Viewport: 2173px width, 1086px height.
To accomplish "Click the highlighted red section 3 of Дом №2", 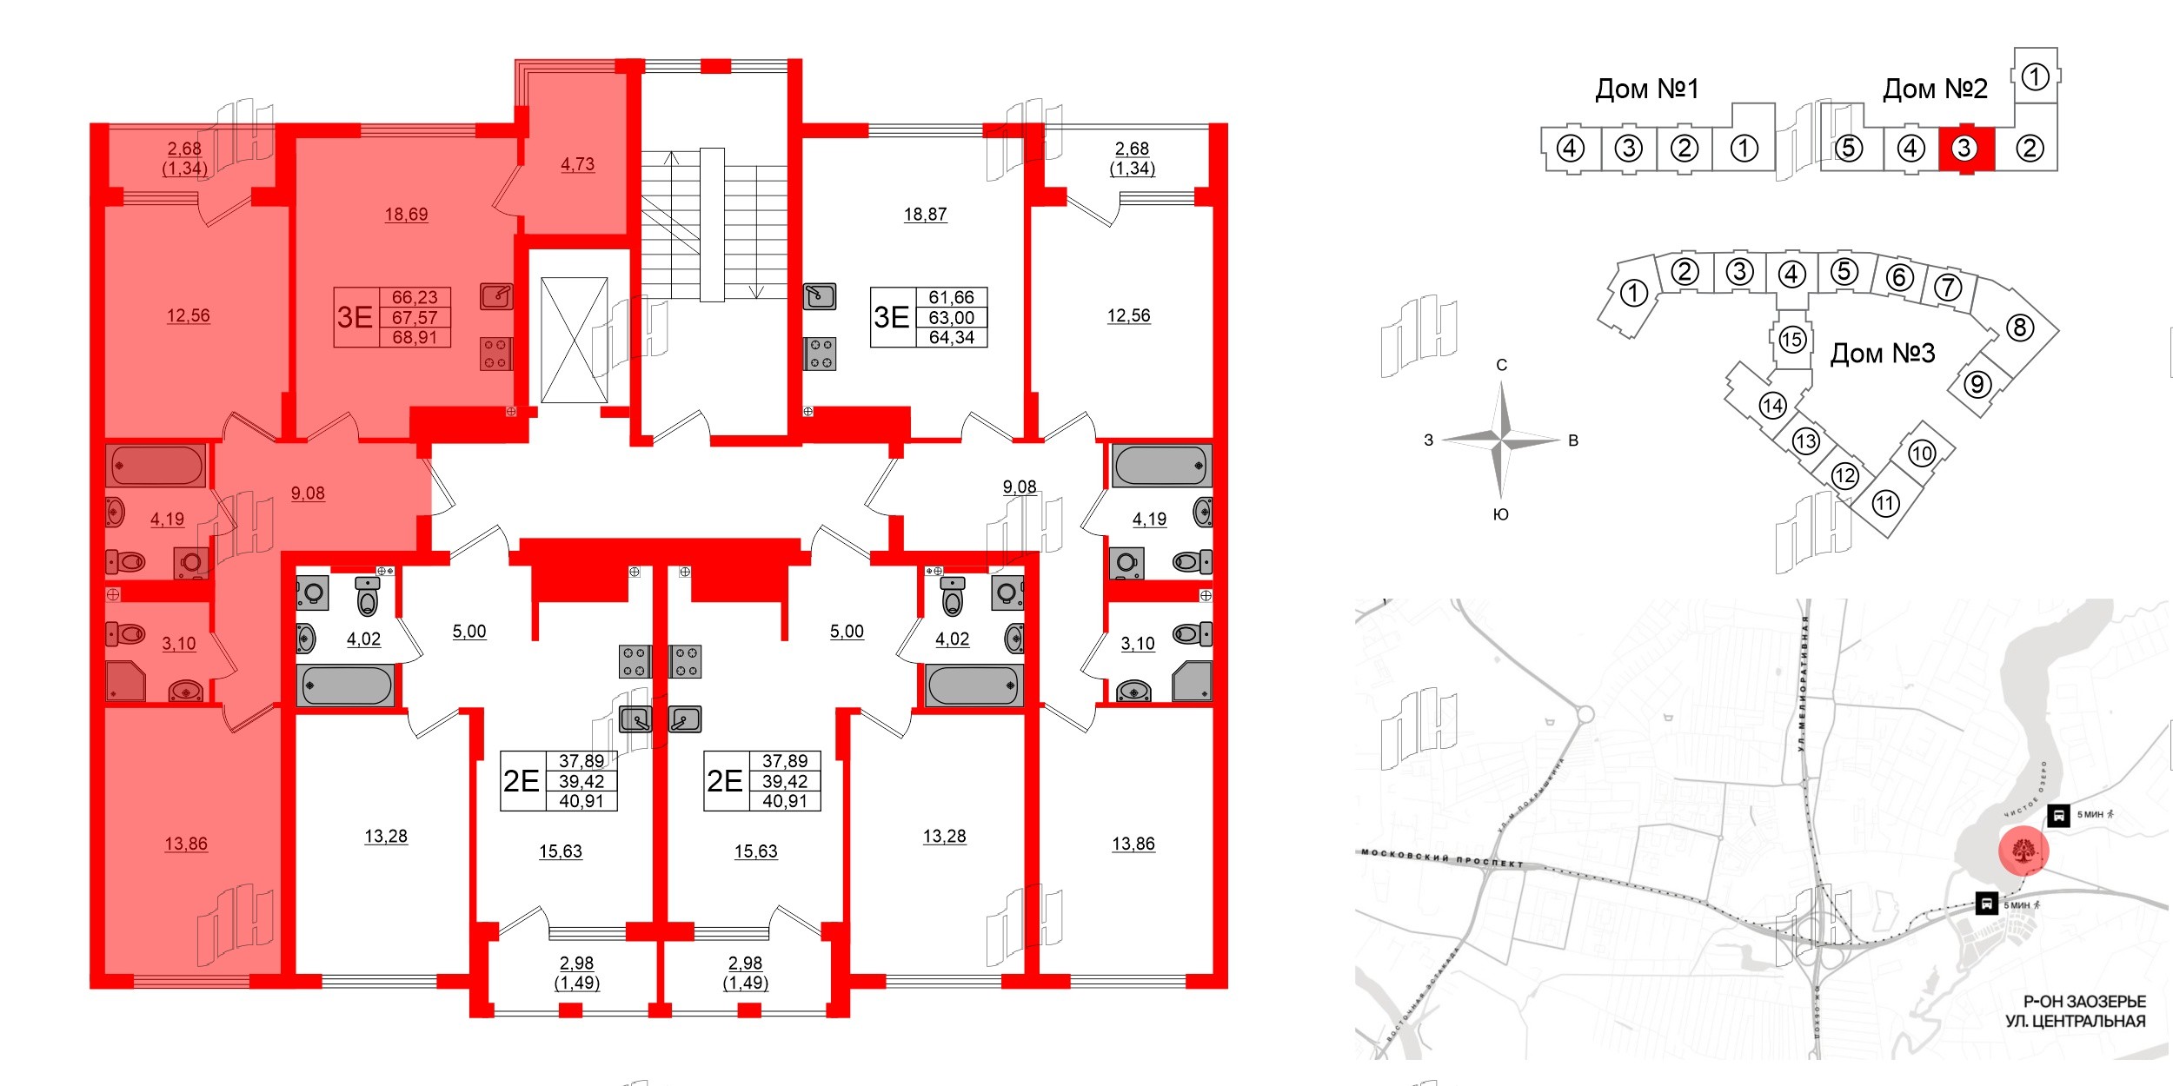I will point(1963,149).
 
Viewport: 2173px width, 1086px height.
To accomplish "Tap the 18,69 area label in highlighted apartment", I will point(406,215).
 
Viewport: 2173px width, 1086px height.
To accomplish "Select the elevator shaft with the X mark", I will point(574,340).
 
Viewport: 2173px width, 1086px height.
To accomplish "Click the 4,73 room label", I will point(577,164).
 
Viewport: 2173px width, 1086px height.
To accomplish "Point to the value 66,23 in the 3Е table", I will point(415,297).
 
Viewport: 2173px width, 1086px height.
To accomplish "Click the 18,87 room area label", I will point(925,215).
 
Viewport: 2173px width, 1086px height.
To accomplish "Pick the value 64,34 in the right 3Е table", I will point(951,338).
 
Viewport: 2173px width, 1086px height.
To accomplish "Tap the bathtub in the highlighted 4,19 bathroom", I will point(156,466).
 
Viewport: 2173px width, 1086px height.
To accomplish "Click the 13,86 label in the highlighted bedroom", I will point(186,844).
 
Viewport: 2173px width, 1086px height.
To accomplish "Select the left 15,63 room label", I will point(560,851).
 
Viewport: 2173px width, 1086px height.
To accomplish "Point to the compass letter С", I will point(1501,365).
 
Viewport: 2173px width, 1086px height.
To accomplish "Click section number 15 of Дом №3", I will point(1791,339).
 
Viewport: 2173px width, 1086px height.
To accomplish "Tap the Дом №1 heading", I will point(1646,89).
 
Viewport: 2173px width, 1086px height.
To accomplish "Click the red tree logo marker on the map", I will point(2024,851).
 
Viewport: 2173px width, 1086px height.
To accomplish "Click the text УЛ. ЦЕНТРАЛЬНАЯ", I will point(2076,1022).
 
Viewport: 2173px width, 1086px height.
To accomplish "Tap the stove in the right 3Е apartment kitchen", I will point(820,354).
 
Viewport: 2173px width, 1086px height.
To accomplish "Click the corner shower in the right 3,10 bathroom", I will point(1192,681).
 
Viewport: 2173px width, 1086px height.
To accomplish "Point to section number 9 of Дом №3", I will point(1977,383).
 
